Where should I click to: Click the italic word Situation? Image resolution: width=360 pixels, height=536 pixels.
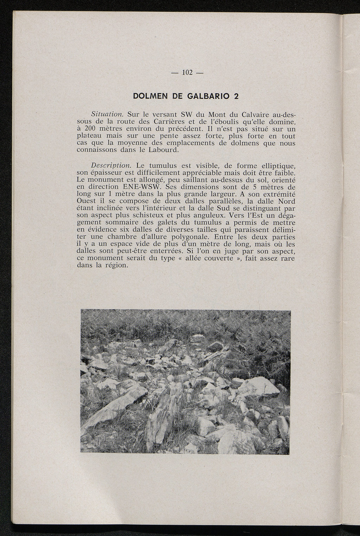(x=107, y=114)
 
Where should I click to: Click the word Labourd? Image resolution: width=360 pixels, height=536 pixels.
(x=164, y=150)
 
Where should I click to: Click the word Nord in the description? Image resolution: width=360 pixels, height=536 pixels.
(x=287, y=201)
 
